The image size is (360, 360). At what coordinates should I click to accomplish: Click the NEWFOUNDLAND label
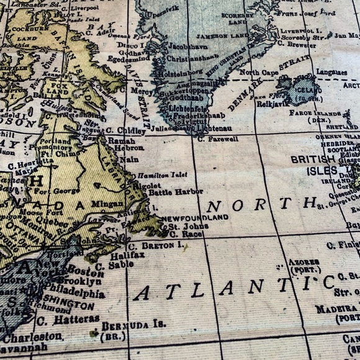[x=194, y=218]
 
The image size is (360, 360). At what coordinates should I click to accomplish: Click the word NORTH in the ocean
[x=261, y=204]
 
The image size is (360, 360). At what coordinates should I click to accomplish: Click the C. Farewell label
[x=218, y=139]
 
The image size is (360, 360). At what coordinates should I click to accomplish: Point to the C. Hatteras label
[x=68, y=320]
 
